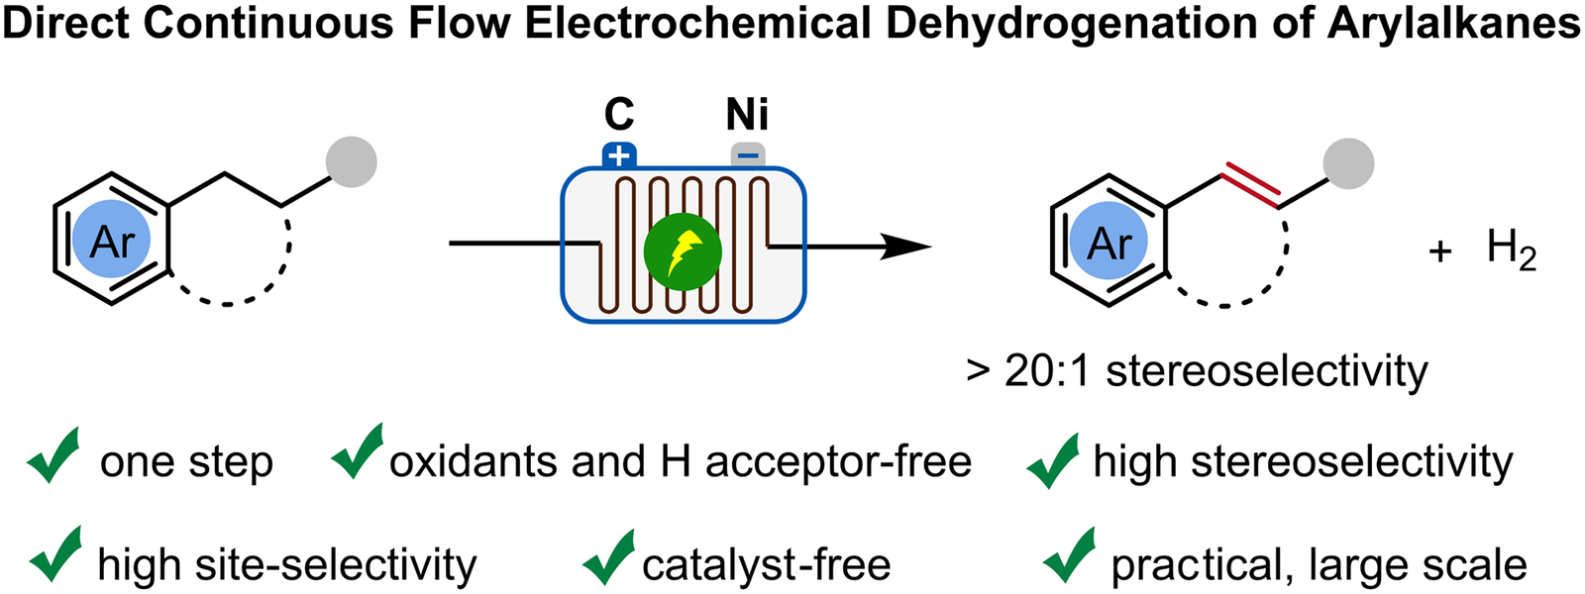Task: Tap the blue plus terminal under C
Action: click(619, 154)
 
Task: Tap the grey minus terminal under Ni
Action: click(748, 155)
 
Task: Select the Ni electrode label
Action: click(747, 115)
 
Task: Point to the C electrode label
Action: click(619, 115)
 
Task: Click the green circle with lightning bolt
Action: click(683, 251)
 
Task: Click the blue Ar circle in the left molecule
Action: click(112, 240)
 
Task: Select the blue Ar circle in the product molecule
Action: click(1109, 242)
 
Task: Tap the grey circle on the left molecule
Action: click(352, 162)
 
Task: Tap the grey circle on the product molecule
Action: click(1348, 163)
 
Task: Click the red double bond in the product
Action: click(1251, 185)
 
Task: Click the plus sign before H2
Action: click(1440, 251)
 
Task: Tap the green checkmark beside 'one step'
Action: click(53, 454)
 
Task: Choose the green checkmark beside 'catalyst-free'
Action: click(608, 557)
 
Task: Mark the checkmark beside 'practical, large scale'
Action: click(1070, 555)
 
